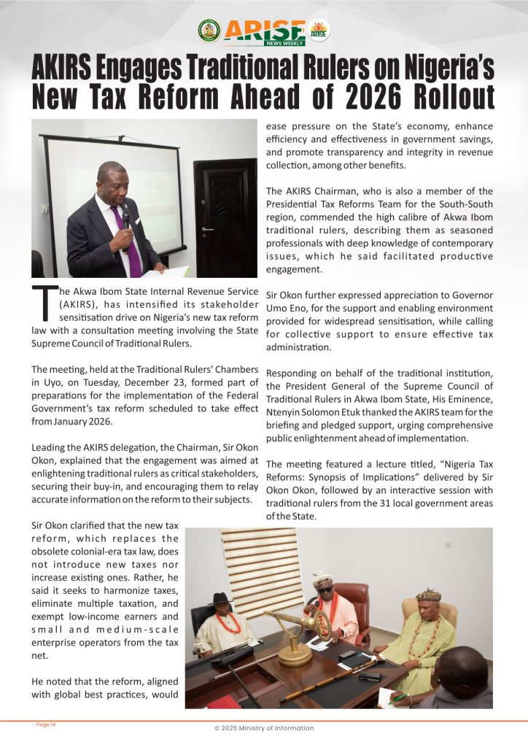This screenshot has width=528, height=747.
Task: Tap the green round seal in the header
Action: (209, 30)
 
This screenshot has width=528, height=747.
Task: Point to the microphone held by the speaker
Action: (125, 218)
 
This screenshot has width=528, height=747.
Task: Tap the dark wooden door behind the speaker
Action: (224, 212)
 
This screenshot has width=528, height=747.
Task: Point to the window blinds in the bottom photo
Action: (261, 562)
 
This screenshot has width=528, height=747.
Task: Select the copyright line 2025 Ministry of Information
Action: (263, 728)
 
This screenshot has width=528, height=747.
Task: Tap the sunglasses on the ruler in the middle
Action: (323, 588)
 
